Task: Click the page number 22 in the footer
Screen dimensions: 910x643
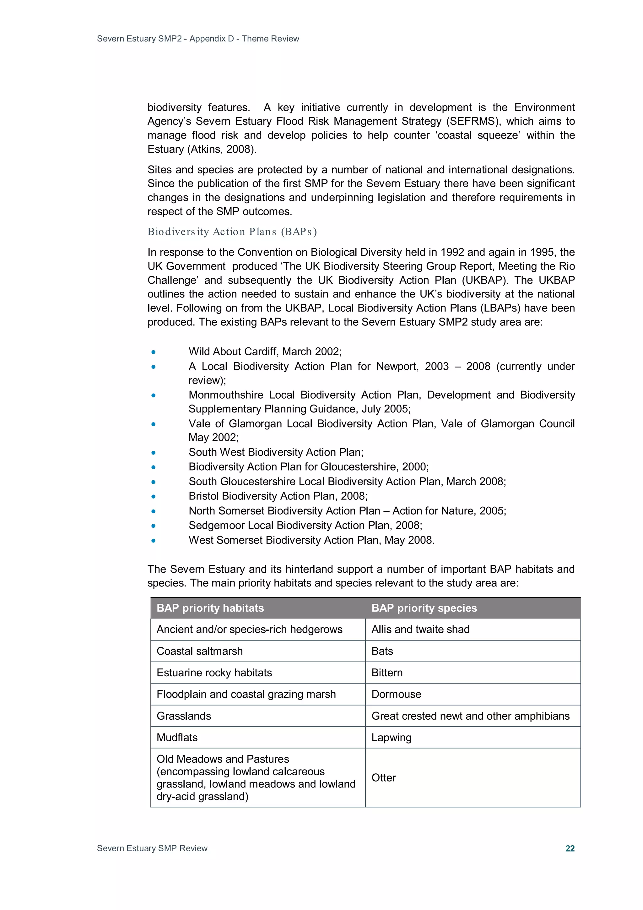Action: point(570,848)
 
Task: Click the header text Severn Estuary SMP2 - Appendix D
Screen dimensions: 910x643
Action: point(198,38)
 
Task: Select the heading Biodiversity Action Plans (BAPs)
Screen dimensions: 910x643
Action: point(232,232)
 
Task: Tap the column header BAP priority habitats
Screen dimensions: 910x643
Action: point(210,608)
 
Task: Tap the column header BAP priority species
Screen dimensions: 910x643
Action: point(424,608)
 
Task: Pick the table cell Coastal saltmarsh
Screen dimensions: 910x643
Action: point(200,651)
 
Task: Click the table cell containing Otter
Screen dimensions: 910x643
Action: point(383,778)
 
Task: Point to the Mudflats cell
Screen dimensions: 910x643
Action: point(177,737)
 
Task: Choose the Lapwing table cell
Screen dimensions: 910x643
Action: point(392,737)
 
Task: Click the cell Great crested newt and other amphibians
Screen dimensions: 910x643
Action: point(470,716)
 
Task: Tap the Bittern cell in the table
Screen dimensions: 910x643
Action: point(387,673)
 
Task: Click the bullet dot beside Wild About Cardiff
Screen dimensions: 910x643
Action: point(153,352)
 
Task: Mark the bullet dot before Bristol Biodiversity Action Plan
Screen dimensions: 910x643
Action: point(153,496)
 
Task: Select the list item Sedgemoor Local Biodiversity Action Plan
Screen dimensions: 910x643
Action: point(305,525)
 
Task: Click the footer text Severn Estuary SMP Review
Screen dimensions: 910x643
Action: point(152,848)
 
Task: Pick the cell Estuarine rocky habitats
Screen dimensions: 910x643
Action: point(214,673)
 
